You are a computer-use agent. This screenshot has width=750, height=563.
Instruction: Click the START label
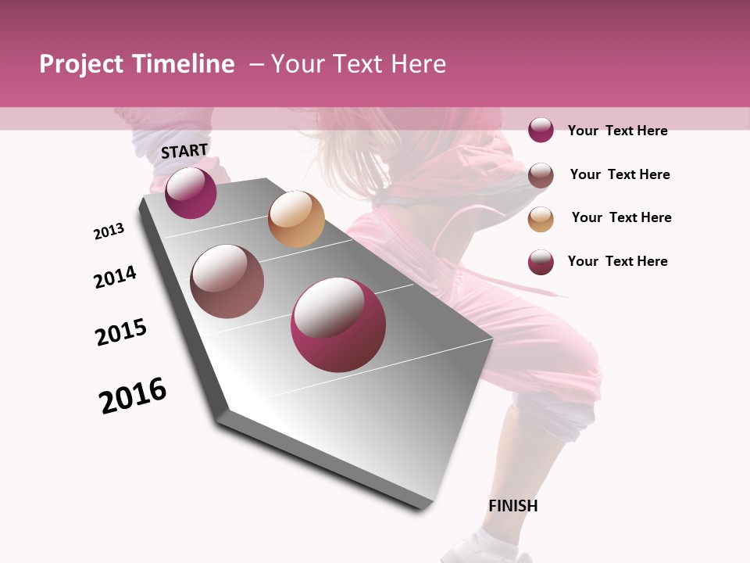coord(184,151)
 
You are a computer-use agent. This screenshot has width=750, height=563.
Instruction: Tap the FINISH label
coord(512,506)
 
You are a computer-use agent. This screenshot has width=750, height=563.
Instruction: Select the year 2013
coord(109,231)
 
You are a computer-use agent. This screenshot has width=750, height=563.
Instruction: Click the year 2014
coord(115,277)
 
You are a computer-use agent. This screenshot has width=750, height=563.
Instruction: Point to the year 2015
coord(121,332)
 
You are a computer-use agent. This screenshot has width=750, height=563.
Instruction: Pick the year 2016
coord(133,396)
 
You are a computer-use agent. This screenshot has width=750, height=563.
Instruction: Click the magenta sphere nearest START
coord(191,192)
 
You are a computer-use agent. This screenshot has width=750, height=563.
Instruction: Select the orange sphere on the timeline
coord(296,219)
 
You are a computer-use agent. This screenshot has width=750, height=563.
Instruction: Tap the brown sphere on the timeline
coord(227,281)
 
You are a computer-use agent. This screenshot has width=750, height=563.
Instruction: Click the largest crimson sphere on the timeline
coord(338,325)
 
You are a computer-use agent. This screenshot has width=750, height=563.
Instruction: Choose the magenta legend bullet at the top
coord(541,131)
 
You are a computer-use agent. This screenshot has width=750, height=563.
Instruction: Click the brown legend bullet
coord(541,175)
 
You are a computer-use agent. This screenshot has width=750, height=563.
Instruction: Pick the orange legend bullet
coord(541,219)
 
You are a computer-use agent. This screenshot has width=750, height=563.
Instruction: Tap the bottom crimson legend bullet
coord(541,262)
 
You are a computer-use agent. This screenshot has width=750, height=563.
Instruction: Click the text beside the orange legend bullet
coord(621,217)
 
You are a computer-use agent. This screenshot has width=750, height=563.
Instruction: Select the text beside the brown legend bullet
coord(620,174)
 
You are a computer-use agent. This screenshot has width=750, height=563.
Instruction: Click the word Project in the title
coord(81,64)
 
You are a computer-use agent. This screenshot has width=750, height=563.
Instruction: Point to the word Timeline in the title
coord(184,64)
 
